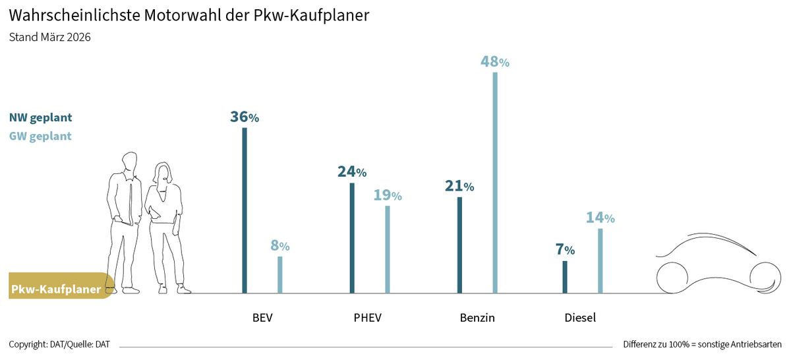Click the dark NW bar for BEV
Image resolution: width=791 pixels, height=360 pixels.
click(x=245, y=210)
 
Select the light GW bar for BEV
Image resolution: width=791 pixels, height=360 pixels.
click(x=279, y=275)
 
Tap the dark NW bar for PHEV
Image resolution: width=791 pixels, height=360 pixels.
click(x=352, y=238)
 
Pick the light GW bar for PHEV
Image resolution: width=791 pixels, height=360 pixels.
click(x=388, y=249)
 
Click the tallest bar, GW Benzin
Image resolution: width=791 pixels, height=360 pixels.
click(x=495, y=183)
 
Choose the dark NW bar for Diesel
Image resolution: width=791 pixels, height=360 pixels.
click(x=565, y=277)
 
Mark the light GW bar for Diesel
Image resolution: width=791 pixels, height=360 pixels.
click(x=601, y=260)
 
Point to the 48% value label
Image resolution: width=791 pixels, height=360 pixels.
click(x=495, y=62)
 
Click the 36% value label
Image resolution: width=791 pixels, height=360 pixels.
click(x=245, y=117)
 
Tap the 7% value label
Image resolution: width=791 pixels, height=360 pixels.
click(x=565, y=249)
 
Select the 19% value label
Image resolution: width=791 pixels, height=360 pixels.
click(x=388, y=195)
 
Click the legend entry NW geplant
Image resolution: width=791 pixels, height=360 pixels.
click(x=41, y=117)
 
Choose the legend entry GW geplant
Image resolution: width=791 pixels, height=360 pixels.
click(x=40, y=136)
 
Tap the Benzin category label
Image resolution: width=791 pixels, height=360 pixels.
click(x=477, y=318)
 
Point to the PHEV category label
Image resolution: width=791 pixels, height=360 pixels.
click(x=368, y=318)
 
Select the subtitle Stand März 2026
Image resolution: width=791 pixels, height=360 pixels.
click(x=50, y=37)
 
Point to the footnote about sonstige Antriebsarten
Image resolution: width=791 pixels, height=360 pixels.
click(x=703, y=344)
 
